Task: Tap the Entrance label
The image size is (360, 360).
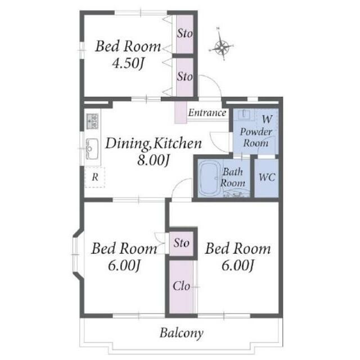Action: (207, 112)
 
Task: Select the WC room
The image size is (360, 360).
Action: (267, 178)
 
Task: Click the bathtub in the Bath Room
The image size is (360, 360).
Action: (209, 179)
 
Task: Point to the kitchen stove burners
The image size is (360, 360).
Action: (92, 121)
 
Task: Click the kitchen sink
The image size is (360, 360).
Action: (92, 149)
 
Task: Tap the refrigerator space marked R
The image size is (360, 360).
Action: (95, 177)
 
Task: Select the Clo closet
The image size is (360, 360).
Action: (181, 287)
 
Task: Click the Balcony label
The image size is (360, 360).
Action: (181, 333)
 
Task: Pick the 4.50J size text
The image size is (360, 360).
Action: (128, 63)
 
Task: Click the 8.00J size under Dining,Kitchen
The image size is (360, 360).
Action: (153, 160)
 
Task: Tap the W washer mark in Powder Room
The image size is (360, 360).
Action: (267, 119)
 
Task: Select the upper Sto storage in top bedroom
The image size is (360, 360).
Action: (185, 34)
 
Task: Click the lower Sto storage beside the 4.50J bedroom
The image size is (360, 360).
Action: (185, 77)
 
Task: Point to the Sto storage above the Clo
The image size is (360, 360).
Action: (181, 244)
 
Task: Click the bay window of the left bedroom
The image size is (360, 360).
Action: (76, 254)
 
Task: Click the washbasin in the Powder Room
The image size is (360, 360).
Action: (244, 114)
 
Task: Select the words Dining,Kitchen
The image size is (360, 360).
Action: (154, 143)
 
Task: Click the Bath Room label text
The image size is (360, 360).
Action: (233, 178)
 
